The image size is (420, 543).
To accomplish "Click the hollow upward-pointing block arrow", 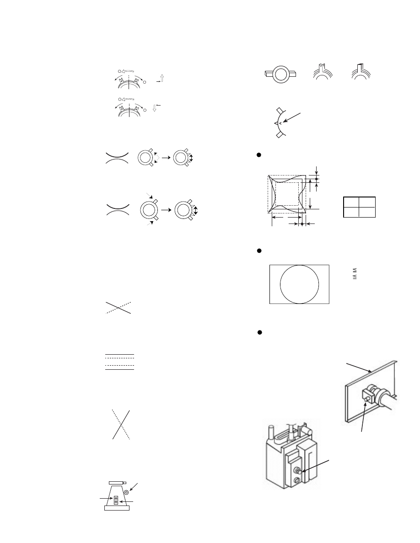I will [162, 78].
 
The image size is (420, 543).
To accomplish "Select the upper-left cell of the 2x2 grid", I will [351, 202].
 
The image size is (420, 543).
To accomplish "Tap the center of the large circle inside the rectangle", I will [299, 284].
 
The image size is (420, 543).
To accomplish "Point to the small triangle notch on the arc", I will [276, 123].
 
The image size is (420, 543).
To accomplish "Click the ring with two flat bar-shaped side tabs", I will [280, 74].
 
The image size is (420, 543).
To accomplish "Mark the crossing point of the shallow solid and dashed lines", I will [118, 308].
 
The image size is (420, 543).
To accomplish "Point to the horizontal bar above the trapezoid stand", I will [117, 483].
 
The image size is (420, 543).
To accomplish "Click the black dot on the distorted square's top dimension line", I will [316, 178].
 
